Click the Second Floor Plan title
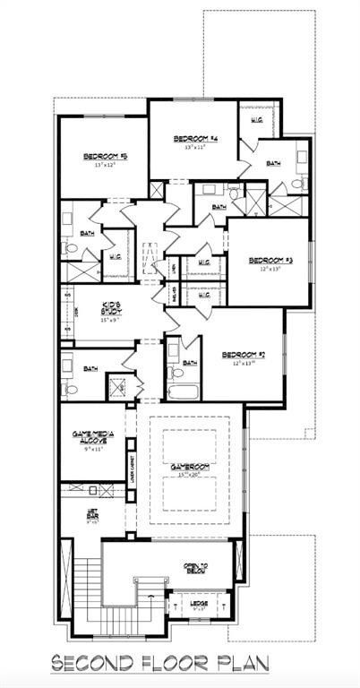179,664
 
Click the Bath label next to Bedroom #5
87,233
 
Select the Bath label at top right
273,163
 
